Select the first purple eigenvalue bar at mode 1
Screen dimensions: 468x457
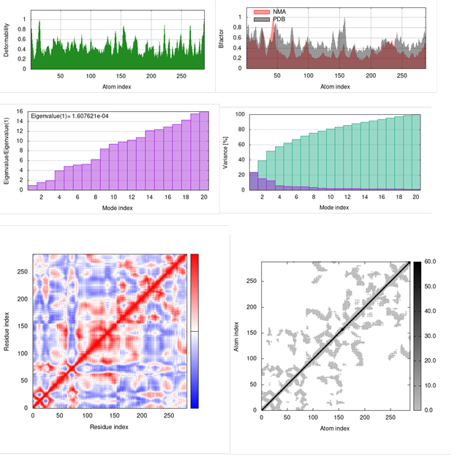(32, 187)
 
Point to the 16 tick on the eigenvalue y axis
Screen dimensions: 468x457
(21, 111)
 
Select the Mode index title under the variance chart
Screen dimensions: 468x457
(334, 208)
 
